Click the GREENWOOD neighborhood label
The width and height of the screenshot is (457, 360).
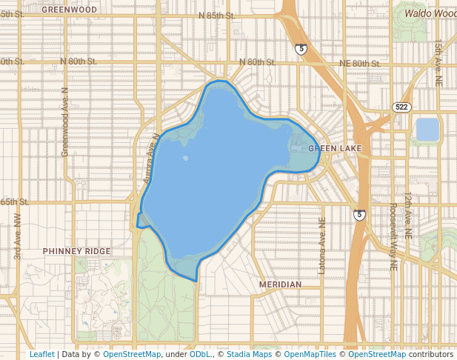[69, 10]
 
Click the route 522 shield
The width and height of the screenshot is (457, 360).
[401, 107]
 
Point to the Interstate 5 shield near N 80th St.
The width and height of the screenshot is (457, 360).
[301, 49]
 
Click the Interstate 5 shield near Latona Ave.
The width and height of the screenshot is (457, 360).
[359, 215]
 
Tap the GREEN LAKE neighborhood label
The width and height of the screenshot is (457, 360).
[335, 149]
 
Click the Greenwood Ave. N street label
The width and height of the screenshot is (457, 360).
[64, 121]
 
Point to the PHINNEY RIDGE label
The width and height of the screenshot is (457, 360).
[76, 251]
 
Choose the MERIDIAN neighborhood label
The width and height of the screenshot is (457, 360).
[280, 284]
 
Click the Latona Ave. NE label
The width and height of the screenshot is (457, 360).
[321, 247]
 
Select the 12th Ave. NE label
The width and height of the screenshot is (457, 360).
[408, 215]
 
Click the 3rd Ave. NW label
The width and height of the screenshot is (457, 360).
[17, 236]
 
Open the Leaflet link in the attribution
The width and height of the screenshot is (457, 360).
[41, 354]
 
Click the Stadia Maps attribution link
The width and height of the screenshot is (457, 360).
[249, 354]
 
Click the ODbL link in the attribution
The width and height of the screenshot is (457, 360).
[200, 354]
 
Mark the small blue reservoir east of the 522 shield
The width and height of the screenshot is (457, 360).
[427, 130]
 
